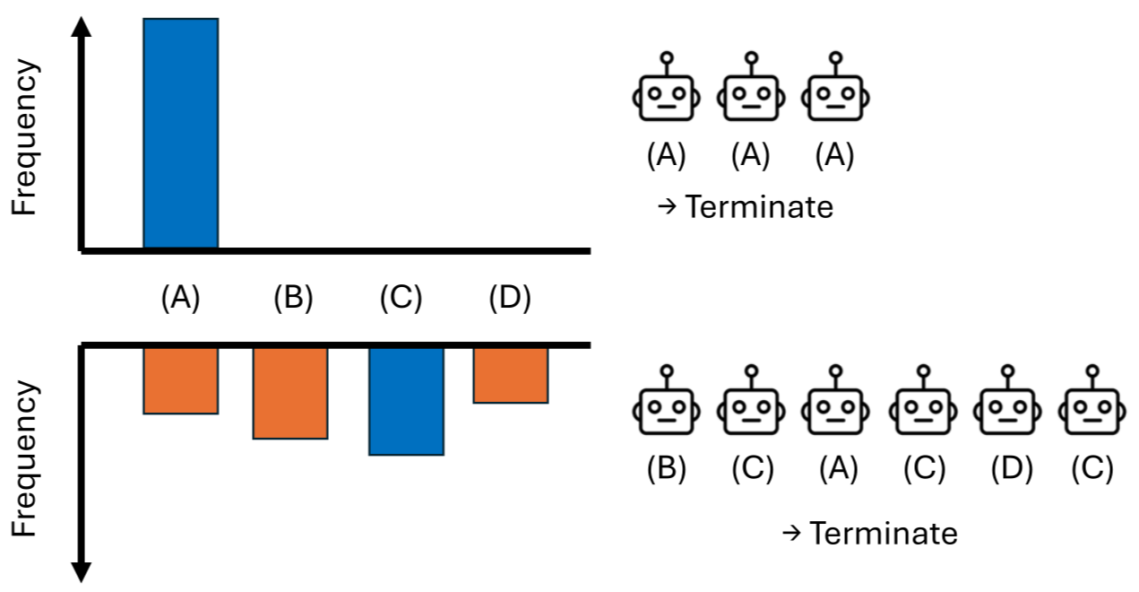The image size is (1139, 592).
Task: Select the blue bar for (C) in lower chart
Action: [406, 401]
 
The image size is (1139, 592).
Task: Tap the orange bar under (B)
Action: [290, 393]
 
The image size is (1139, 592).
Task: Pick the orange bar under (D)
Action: [511, 375]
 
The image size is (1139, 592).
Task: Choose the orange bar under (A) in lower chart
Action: [180, 380]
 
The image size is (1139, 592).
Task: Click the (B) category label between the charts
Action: [293, 299]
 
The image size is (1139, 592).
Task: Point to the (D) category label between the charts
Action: [510, 299]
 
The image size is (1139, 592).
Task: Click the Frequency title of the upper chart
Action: [25, 138]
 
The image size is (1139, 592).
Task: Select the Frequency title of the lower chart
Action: [25, 459]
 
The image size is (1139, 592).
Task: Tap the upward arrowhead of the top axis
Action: [82, 27]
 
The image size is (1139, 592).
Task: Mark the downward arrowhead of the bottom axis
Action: [82, 571]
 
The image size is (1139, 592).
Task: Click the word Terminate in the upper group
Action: [759, 207]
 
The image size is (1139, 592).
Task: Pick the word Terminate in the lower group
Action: [883, 534]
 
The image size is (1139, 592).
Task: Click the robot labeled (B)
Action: [665, 408]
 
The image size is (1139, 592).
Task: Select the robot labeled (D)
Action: [1006, 408]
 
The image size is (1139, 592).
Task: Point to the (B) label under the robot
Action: [665, 469]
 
